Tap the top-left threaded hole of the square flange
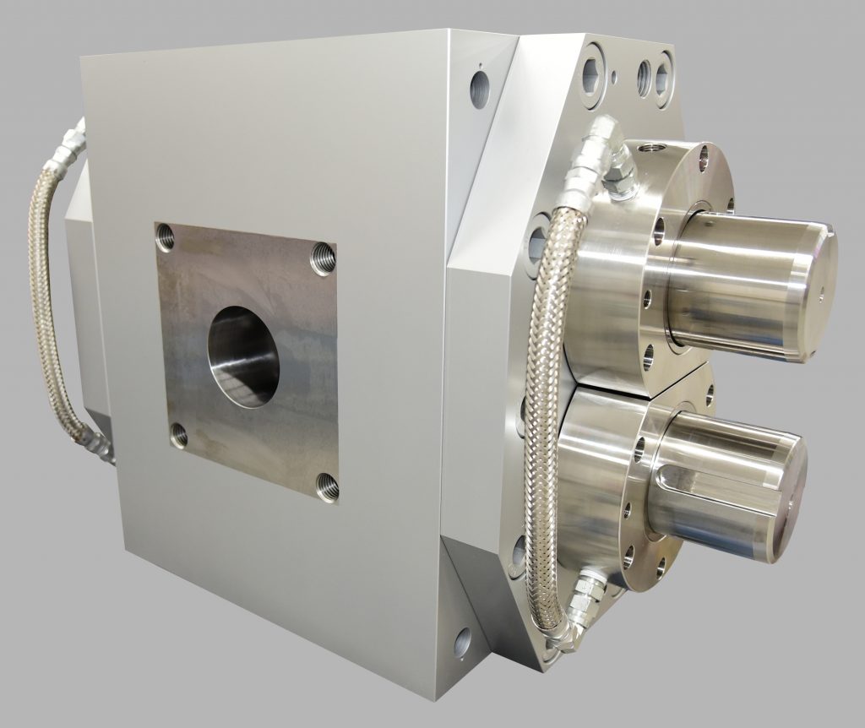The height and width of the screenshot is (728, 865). (x=166, y=240)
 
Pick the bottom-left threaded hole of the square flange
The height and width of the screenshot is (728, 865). (x=178, y=435)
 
